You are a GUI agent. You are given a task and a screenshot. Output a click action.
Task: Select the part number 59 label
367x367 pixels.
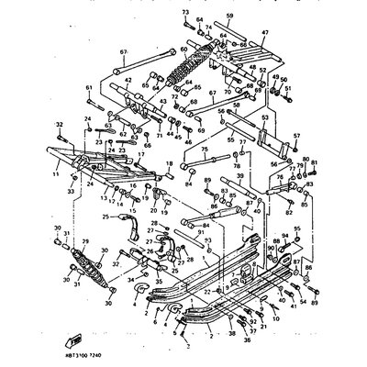[x=229, y=17]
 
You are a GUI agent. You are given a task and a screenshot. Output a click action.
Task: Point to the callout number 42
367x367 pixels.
[x=128, y=81]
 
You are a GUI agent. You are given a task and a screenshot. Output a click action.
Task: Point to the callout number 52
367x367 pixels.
[x=261, y=70]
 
